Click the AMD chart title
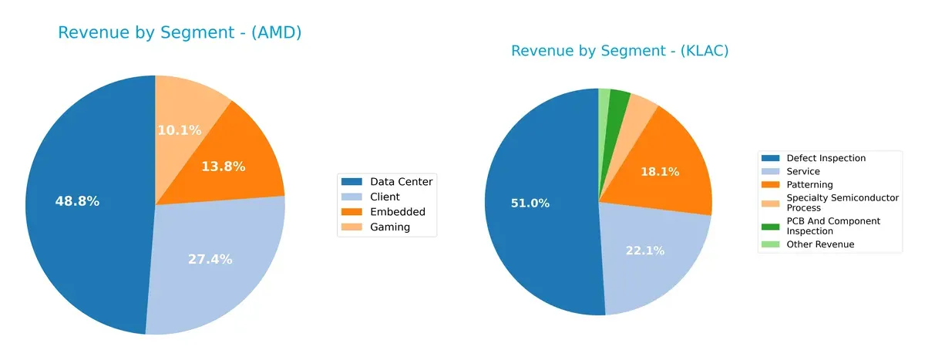coord(180,33)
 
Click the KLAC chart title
coord(620,52)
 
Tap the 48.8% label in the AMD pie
coord(77,202)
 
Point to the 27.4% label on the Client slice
coord(210,259)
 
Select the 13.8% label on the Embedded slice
coord(223,167)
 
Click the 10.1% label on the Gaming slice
coord(180,130)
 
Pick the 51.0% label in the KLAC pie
coord(530,204)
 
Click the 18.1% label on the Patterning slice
coord(660,172)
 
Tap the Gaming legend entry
coord(387,227)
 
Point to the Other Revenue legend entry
coord(819,244)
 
